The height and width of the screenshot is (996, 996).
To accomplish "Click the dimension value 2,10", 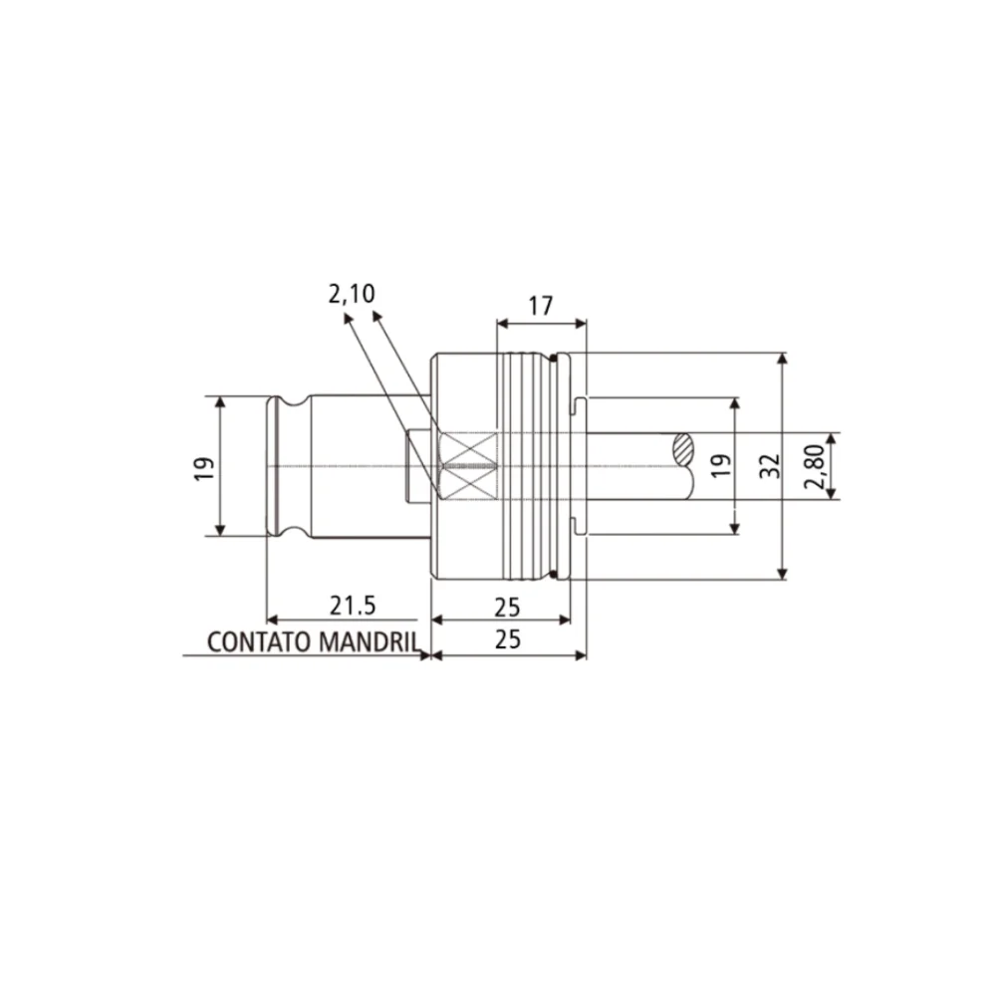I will click(x=351, y=293).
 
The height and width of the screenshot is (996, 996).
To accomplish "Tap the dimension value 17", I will click(x=540, y=306).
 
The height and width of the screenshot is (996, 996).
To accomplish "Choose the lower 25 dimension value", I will click(x=508, y=639).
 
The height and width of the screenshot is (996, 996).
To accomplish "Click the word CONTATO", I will click(x=260, y=641).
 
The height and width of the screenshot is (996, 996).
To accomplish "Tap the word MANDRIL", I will click(x=368, y=641).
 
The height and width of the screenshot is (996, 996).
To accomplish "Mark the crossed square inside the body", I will click(x=467, y=466).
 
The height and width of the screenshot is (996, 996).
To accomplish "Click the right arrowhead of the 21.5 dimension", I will click(x=424, y=620).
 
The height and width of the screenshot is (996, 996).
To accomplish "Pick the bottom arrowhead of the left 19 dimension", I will click(x=220, y=529).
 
